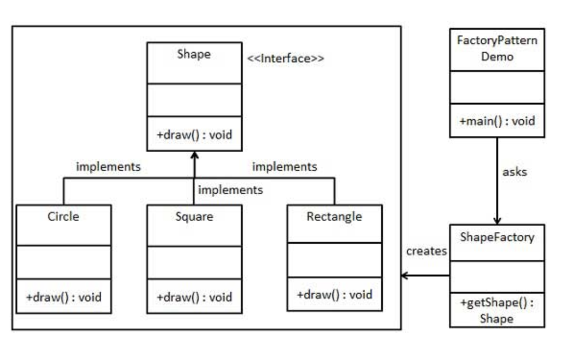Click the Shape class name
point(194,54)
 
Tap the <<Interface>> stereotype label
point(286,58)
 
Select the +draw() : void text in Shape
point(194,135)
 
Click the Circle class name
point(63,216)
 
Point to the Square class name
point(194,217)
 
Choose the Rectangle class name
point(334,216)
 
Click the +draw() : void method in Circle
point(64,297)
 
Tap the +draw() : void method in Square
point(194,297)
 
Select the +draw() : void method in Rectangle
point(335,294)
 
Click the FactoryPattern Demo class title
point(497,48)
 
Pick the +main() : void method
point(497,121)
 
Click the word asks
point(514,172)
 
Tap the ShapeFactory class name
point(497,237)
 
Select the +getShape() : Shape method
point(497,311)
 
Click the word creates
point(427,251)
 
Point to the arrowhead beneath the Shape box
point(194,155)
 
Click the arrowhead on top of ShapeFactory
point(497,220)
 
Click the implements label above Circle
point(108,167)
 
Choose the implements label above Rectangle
point(285,167)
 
